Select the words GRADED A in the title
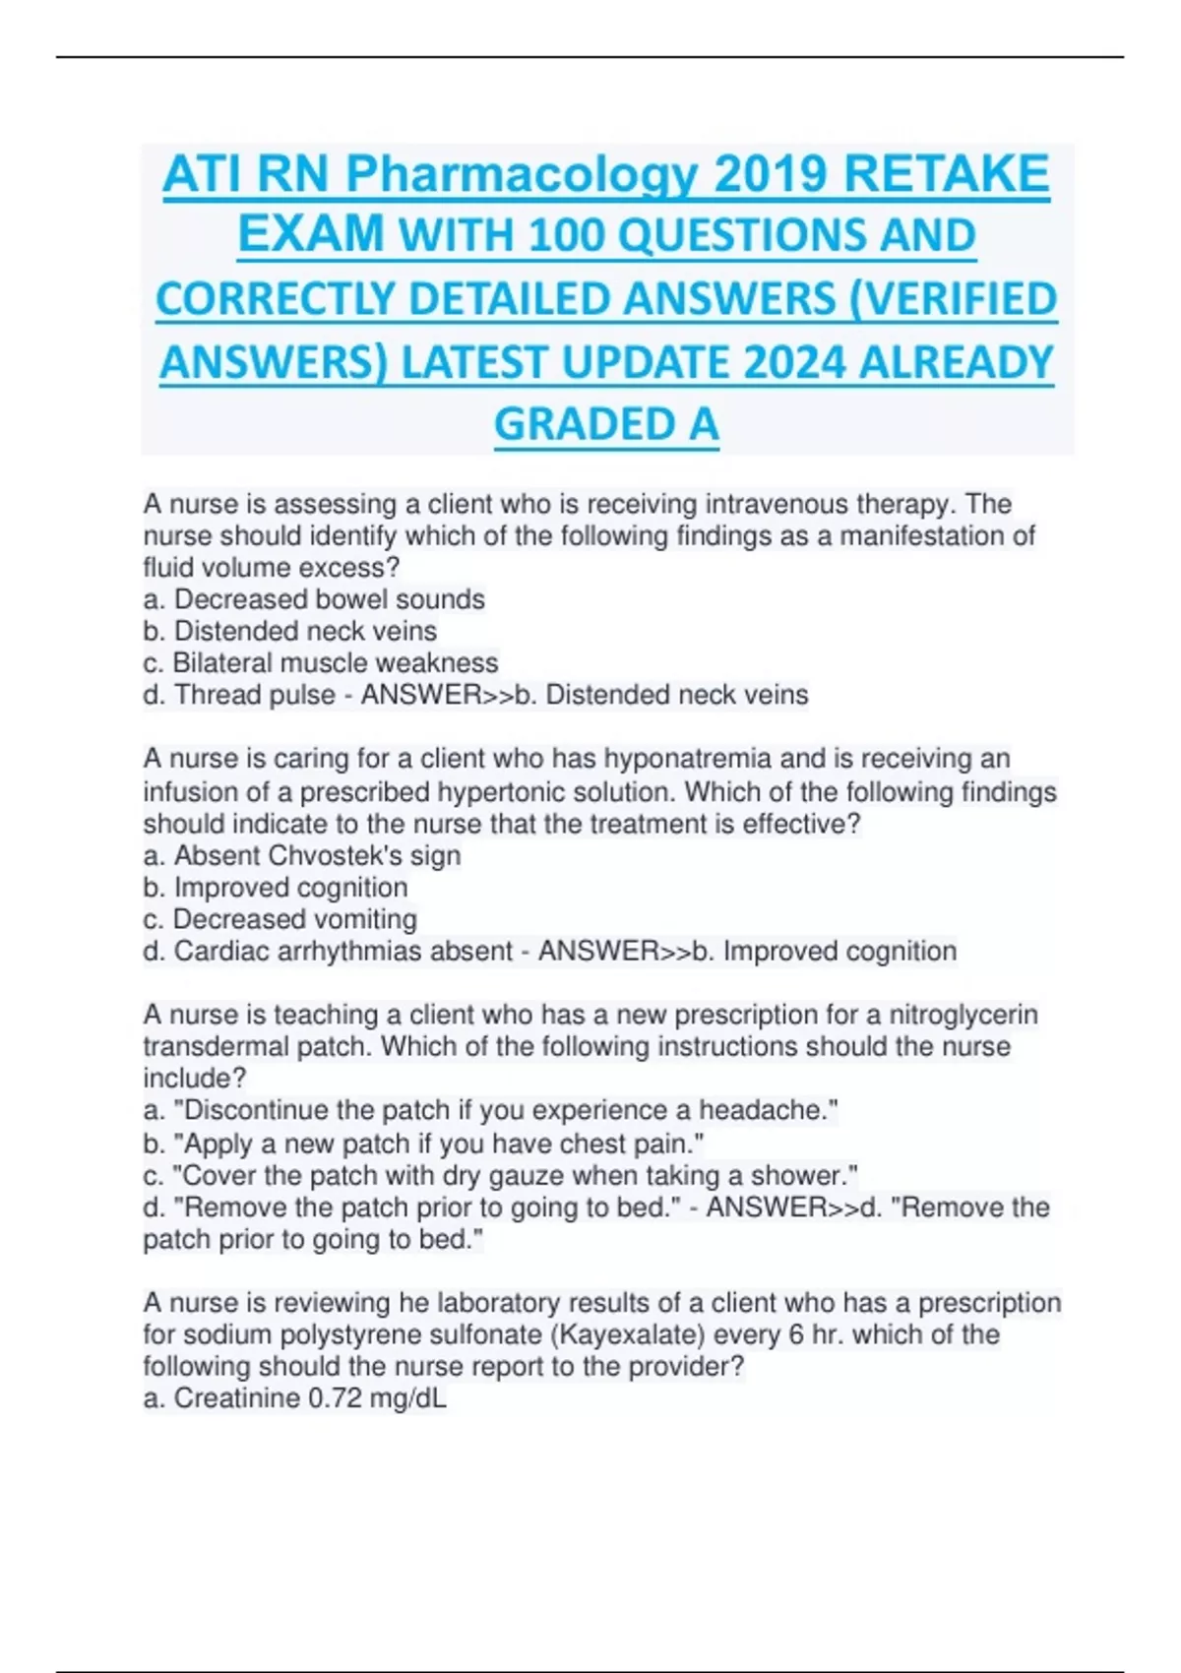[606, 425]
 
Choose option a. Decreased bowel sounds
[314, 599]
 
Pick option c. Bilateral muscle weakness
[321, 662]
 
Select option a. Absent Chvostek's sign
[301, 855]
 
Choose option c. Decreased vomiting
[280, 919]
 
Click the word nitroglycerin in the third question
[963, 1015]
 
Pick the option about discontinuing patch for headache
[490, 1110]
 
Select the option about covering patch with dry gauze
[500, 1175]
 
